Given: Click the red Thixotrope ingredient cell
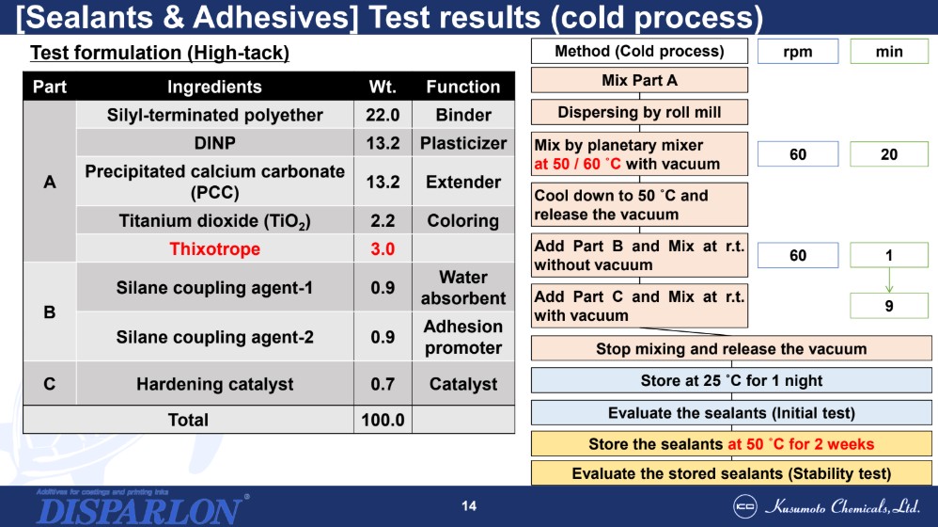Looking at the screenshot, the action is [x=214, y=248].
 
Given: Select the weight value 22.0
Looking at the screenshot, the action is [x=383, y=115].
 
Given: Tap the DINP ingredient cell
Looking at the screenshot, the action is [x=214, y=142].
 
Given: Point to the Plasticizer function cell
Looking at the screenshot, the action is [x=463, y=142].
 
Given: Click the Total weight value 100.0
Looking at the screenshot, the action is [x=383, y=419].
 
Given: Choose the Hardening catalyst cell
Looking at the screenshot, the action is [x=214, y=383].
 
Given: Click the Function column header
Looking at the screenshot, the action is [x=463, y=87].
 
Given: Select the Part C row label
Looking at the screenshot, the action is [x=50, y=383].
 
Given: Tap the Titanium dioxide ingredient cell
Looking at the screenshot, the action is [x=214, y=220].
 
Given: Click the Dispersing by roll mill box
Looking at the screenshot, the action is [x=639, y=112].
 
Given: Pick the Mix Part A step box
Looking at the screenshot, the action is [x=639, y=80].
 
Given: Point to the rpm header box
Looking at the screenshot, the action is [x=798, y=52].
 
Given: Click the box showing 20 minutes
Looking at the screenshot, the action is [x=889, y=154].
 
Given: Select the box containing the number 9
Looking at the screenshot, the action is [x=889, y=306].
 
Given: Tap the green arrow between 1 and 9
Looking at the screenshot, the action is [x=889, y=280].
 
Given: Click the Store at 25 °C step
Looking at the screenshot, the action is [x=731, y=380].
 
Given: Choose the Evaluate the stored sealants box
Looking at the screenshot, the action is [x=731, y=473].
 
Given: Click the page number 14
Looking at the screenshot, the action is [x=469, y=506].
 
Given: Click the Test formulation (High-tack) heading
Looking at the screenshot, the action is [x=160, y=53].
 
